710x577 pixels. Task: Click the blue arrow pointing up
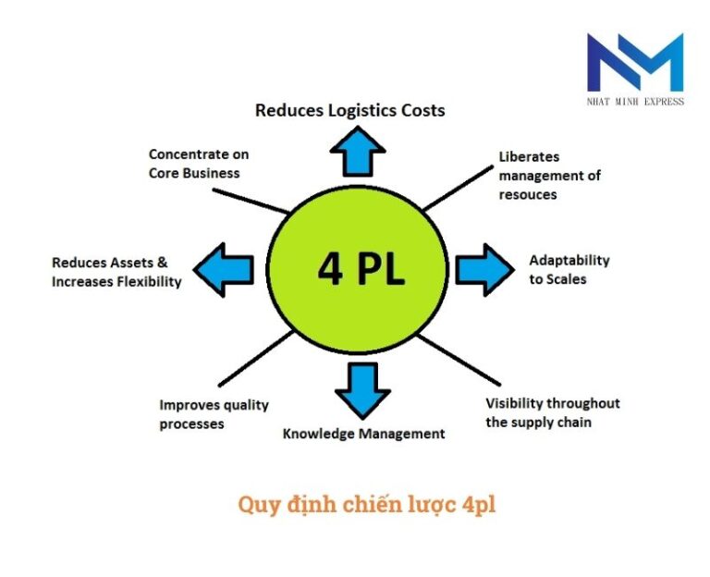(358, 152)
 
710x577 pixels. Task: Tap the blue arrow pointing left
(223, 270)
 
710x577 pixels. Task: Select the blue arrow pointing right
(485, 270)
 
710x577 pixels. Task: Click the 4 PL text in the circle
(361, 268)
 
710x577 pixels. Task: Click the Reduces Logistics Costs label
(350, 110)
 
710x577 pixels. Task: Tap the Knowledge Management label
(363, 434)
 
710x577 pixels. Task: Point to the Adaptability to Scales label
(569, 269)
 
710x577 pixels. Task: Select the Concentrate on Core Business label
(199, 164)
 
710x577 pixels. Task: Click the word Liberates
(529, 156)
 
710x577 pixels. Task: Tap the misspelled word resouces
(528, 195)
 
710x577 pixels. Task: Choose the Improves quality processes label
(214, 414)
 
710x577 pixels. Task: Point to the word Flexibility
(149, 281)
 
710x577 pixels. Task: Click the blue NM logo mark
(635, 62)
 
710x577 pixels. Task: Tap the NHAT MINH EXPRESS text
(635, 102)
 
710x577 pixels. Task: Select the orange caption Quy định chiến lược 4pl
(367, 505)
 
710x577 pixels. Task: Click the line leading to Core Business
(251, 201)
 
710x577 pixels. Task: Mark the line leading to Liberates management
(458, 188)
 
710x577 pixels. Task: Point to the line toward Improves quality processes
(256, 358)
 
